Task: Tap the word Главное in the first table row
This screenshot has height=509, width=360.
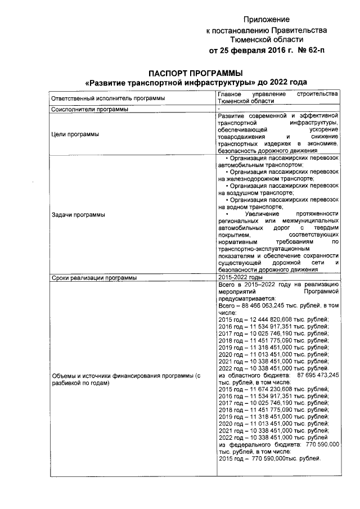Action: pos(230,94)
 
